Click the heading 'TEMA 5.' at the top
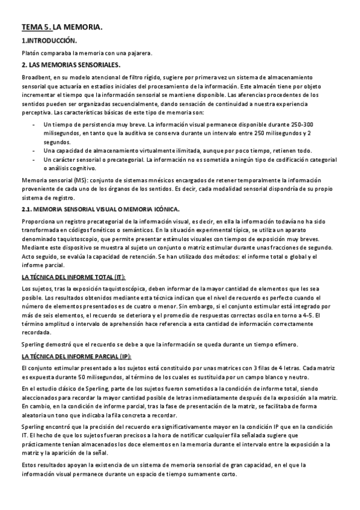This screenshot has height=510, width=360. pos(36,28)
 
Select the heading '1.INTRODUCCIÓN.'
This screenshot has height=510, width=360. pos(49,41)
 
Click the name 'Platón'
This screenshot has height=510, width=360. pos(31,53)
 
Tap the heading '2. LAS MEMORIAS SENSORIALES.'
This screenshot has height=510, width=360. pos(71,65)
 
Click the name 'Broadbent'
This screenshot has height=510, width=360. pos(38,77)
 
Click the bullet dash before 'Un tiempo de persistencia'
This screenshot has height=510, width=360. pos(32,124)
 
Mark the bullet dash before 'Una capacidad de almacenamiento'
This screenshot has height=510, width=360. pos(32,150)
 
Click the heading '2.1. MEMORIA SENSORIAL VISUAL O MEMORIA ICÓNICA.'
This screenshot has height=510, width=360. pos(100,209)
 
